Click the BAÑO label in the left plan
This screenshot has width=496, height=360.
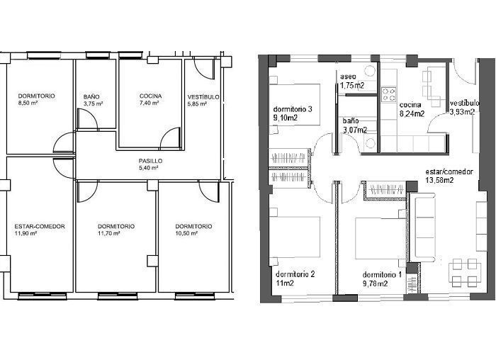coord(91,97)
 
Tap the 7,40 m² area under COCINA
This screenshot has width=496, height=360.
coord(149,103)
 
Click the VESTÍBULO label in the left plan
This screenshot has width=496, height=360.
coord(203,97)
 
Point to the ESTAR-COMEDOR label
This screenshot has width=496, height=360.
coord(40,227)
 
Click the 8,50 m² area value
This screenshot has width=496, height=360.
coord(28,103)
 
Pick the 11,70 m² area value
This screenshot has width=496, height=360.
coord(109,233)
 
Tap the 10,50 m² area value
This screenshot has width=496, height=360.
coord(186,233)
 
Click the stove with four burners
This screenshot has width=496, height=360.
coord(389,94)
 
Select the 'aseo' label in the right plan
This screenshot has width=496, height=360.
coord(348,77)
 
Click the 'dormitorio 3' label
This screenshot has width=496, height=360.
coord(293,109)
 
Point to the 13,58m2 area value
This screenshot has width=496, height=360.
coord(440,180)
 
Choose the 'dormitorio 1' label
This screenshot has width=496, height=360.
coord(382,274)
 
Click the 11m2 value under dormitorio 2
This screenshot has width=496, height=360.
coord(285,283)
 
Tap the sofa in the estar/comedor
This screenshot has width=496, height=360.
coord(423,227)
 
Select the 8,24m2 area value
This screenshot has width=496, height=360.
coord(412,114)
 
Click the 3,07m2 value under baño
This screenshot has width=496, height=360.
coord(355,130)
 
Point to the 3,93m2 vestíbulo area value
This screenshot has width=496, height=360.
coord(462,112)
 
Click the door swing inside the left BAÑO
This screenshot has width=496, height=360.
coord(87,119)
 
